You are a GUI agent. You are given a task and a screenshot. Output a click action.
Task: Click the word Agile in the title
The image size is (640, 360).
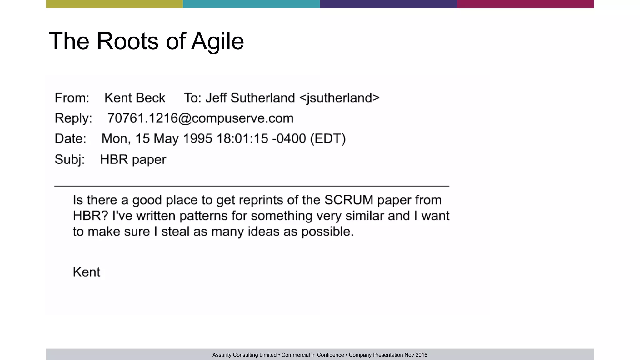coord(217,41)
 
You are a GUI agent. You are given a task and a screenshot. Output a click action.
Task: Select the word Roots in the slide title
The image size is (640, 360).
coord(127,41)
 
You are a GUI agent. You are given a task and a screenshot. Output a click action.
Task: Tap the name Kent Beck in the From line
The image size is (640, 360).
coord(135,98)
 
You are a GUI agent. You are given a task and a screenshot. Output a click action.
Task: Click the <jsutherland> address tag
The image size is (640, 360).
coord(339,98)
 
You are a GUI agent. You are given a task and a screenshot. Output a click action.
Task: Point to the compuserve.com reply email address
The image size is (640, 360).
coord(200,118)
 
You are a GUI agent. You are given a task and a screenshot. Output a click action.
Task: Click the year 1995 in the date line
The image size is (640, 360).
coord(197,138)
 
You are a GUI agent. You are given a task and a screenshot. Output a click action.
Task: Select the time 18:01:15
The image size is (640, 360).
coord(242,138)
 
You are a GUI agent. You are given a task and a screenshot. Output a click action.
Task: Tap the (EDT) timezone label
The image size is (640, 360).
coord(328,138)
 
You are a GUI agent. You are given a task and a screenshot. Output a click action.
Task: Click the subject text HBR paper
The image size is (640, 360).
coord(133,159)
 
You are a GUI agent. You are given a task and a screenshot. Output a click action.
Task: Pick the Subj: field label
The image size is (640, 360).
coord(69,159)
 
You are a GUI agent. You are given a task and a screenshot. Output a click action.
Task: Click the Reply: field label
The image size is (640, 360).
coord(73,118)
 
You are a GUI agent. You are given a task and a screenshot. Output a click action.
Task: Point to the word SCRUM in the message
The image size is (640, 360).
coord(348,200)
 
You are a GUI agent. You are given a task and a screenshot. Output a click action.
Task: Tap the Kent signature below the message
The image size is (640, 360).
coord(86,272)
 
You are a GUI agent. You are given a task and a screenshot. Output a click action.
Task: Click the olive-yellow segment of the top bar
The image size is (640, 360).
coord(114,4)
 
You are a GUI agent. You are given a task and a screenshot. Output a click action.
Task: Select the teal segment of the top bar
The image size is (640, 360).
coord(251,4)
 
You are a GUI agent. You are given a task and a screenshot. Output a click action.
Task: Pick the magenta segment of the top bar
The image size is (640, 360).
coord(525,4)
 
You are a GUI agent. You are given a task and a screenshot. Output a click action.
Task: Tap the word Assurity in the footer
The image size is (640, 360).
coord(222,355)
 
